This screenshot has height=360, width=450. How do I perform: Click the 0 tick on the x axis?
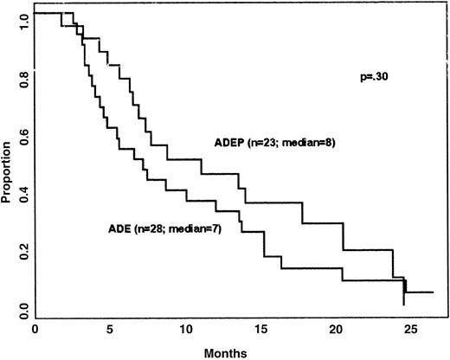[35, 330]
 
